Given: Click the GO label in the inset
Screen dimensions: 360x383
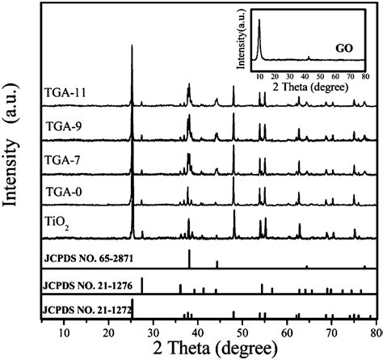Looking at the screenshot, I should click(342, 49).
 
